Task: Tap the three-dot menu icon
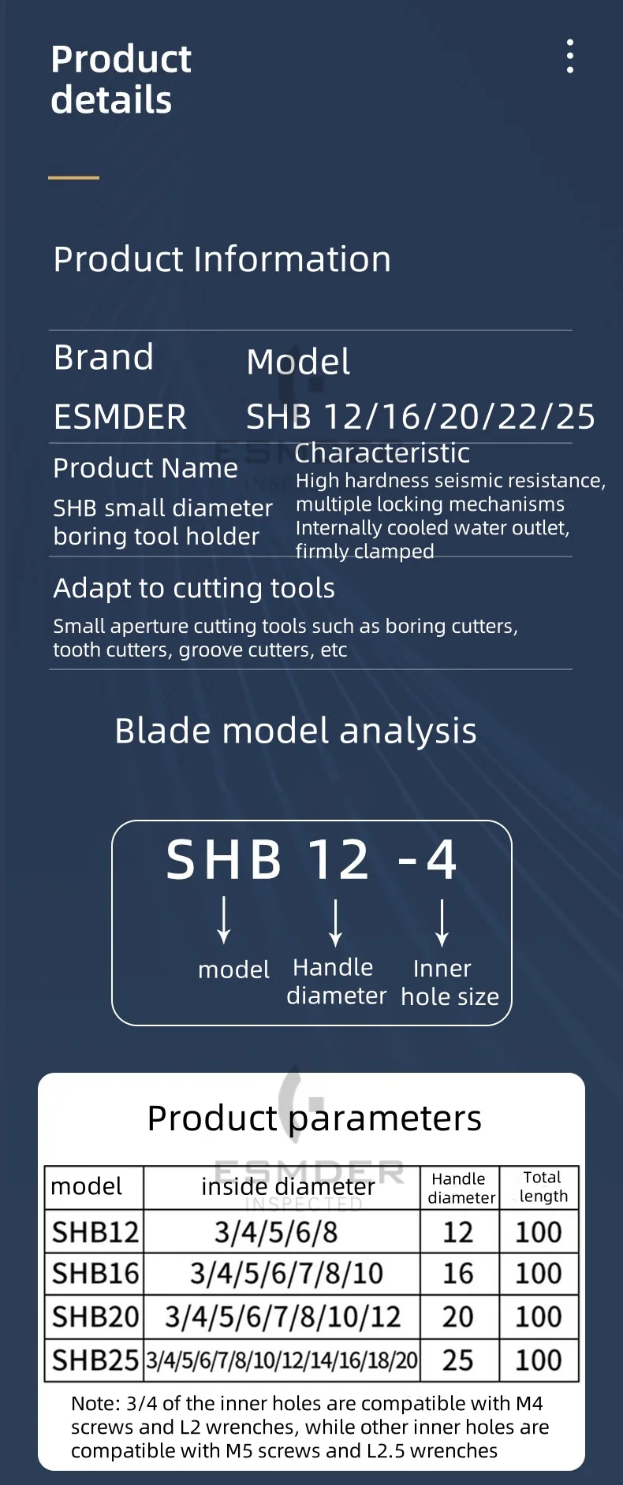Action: [x=569, y=56]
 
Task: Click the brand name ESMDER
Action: [x=120, y=417]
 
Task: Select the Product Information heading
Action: [x=222, y=259]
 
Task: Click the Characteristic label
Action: [x=382, y=453]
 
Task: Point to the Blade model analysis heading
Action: [x=296, y=731]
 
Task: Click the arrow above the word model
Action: [x=224, y=919]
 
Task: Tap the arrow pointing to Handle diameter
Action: [x=336, y=922]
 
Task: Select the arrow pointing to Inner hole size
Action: [x=442, y=922]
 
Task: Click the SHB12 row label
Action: [x=95, y=1232]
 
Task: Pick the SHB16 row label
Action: [x=95, y=1274]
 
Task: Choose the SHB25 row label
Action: [x=95, y=1360]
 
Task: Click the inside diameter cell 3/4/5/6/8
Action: [x=276, y=1232]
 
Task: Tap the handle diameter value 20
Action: [x=458, y=1316]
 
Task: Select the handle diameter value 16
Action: [x=458, y=1274]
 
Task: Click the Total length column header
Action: [x=543, y=1187]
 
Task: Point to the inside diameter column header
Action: [x=288, y=1187]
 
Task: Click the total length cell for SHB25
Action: [x=539, y=1360]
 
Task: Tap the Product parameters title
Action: [x=315, y=1118]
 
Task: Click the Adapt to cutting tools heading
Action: [x=194, y=588]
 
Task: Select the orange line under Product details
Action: [x=73, y=177]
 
